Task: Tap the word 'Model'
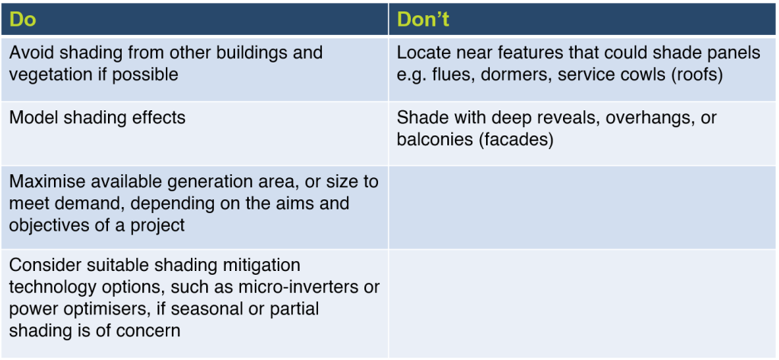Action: click(32, 117)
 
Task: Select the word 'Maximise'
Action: click(43, 182)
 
